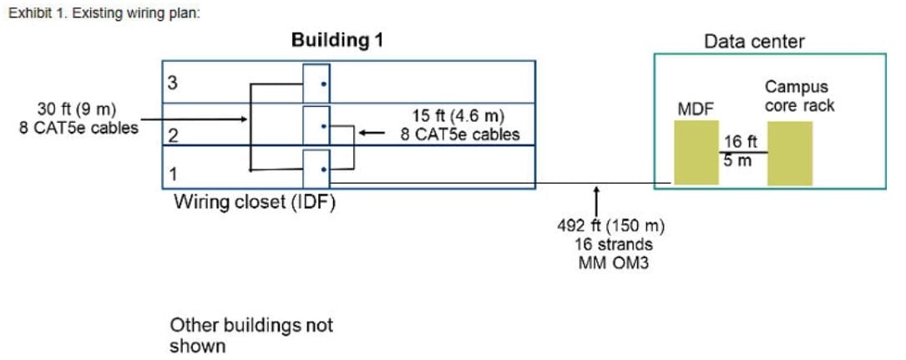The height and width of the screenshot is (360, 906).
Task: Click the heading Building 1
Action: tap(337, 40)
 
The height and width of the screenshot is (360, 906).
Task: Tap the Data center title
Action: tap(754, 41)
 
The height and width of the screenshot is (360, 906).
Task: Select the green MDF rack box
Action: tap(696, 152)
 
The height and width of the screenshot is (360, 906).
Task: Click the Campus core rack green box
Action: tap(790, 152)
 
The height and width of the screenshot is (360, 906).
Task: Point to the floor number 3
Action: tap(172, 83)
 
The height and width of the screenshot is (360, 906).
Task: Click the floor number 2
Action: tap(172, 134)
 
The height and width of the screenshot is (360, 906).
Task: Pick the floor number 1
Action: tap(172, 173)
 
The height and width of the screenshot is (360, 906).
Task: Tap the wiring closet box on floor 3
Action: tap(316, 82)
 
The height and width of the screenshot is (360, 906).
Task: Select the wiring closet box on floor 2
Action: tap(316, 126)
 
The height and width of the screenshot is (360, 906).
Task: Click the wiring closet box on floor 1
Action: tap(316, 168)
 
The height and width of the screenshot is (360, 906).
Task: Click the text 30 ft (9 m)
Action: tap(77, 109)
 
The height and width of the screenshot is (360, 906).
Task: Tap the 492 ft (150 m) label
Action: tap(610, 226)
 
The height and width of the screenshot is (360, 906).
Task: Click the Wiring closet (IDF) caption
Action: tap(255, 202)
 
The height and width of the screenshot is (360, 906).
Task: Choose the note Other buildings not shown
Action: tap(251, 334)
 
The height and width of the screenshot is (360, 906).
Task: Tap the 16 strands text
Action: tap(614, 245)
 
